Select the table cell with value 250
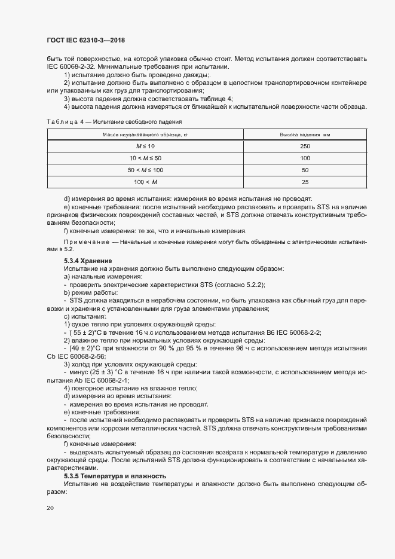[x=305, y=145]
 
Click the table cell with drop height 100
[x=305, y=157]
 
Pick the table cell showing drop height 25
[x=305, y=181]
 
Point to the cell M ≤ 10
[x=145, y=145]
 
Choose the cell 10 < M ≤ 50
[x=145, y=157]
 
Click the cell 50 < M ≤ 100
[x=145, y=169]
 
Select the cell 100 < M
[x=145, y=181]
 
